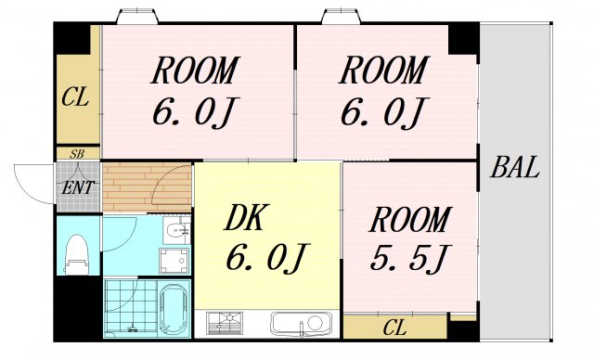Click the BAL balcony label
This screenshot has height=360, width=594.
[515, 169]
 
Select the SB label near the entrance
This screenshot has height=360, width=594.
[78, 155]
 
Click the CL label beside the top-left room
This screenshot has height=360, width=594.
[75, 96]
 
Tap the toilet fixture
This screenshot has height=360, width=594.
[78, 250]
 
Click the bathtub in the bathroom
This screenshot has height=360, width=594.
[173, 310]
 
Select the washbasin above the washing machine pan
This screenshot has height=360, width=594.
[174, 228]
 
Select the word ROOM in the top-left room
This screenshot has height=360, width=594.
[195, 71]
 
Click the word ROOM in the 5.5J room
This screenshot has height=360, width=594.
[409, 221]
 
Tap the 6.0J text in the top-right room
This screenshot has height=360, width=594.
[381, 113]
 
